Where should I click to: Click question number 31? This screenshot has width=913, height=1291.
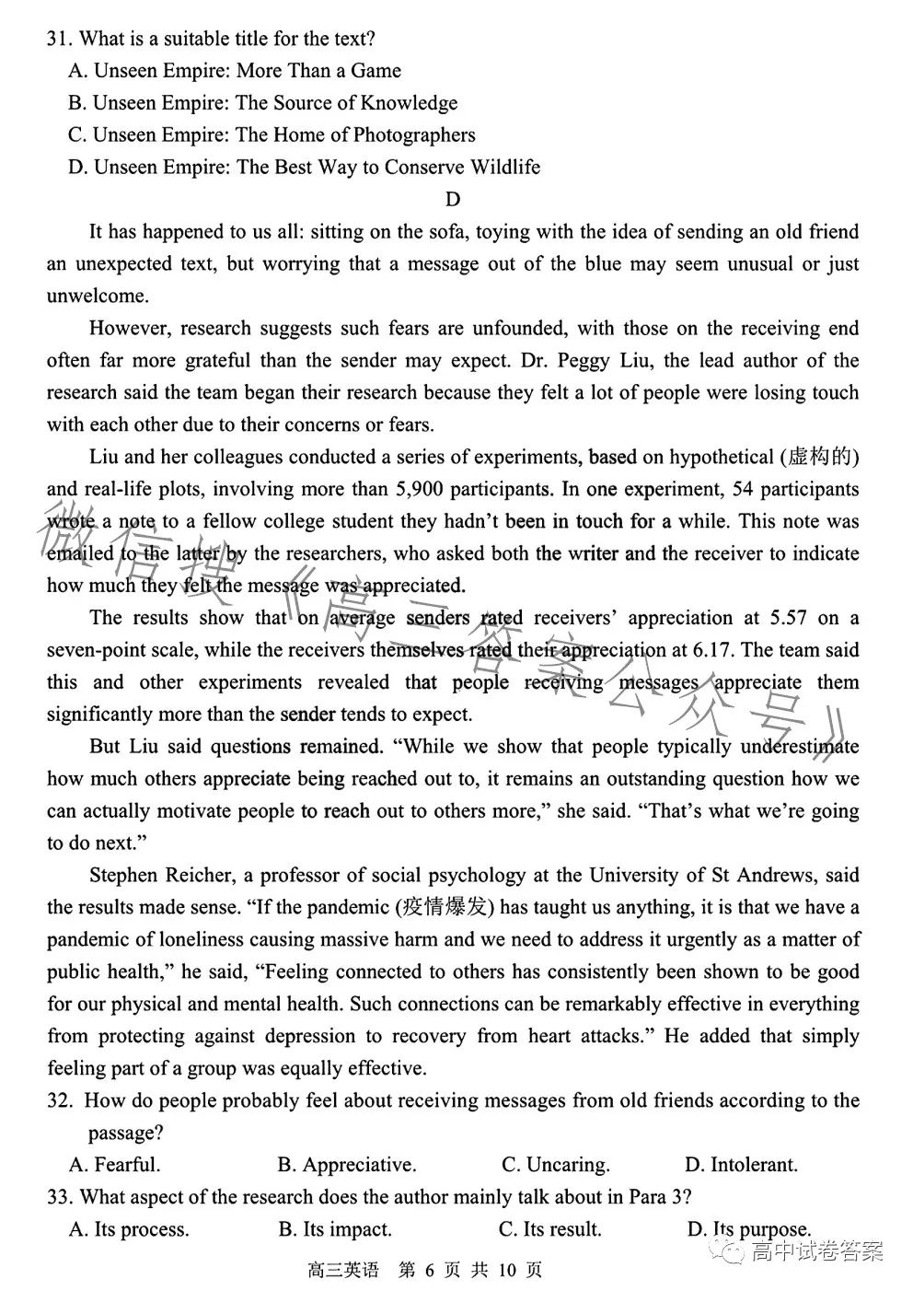58,39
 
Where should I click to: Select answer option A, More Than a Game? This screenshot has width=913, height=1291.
235,71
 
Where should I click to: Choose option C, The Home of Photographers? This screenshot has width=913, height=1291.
272,135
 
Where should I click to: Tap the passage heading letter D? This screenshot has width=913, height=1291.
452,200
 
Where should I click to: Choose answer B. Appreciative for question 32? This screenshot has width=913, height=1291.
347,1165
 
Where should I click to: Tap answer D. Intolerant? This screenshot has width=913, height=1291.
742,1165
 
